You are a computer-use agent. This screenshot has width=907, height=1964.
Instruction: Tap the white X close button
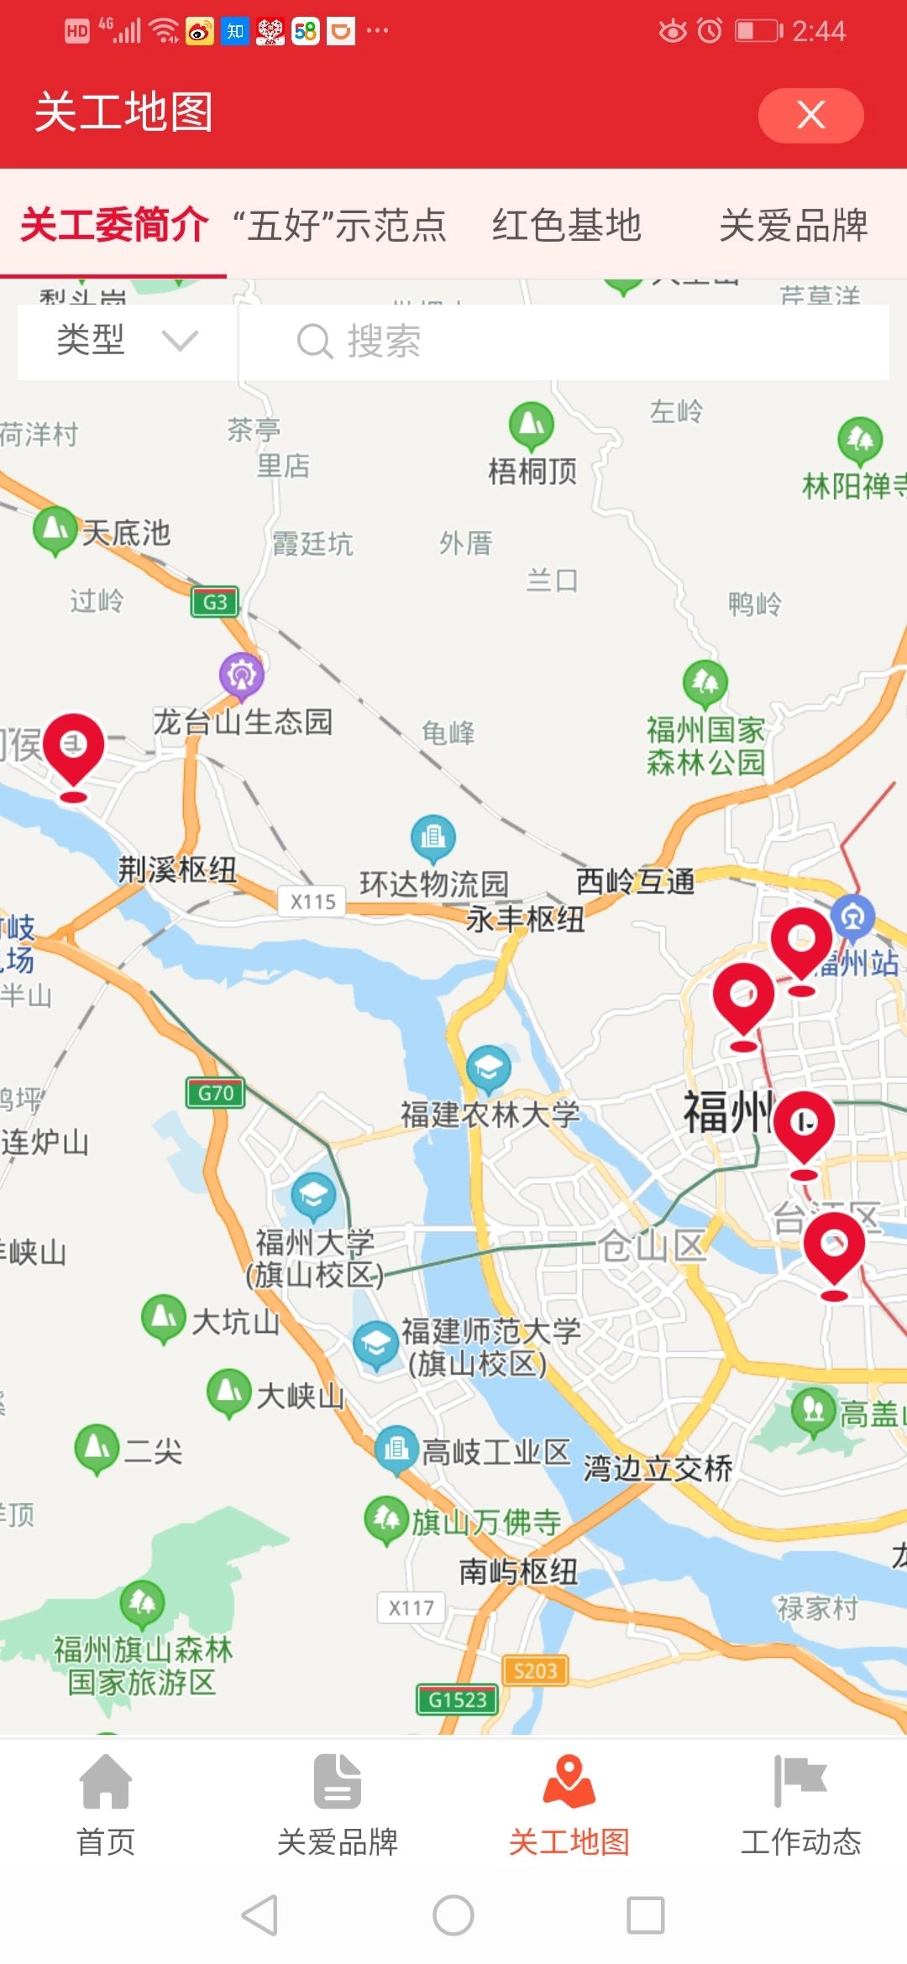[810, 115]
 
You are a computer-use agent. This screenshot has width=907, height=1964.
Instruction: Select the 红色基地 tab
[567, 225]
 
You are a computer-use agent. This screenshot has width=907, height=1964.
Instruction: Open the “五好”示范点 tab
[339, 225]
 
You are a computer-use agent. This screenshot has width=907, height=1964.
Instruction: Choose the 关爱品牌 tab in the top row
[793, 225]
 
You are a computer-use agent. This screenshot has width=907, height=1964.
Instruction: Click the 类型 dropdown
[126, 341]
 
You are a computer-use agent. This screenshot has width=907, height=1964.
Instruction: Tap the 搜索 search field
[563, 341]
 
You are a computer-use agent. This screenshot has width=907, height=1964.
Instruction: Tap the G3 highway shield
[215, 602]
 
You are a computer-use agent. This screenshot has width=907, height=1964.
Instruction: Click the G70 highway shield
[215, 1093]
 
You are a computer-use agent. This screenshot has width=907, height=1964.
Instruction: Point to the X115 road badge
[312, 901]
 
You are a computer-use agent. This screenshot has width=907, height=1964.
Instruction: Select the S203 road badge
[535, 1670]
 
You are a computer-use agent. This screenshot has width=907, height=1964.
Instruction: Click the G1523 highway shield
[458, 1700]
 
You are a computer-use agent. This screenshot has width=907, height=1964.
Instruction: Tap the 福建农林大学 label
[490, 1115]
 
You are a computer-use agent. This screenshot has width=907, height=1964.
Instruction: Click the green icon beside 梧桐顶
[532, 425]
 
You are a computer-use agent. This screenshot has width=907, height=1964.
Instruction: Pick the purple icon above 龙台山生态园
[242, 674]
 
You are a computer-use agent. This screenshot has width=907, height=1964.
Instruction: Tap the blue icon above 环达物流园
[433, 838]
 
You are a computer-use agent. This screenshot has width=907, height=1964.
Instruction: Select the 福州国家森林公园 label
[705, 746]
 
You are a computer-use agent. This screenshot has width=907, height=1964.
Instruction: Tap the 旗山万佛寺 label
[485, 1522]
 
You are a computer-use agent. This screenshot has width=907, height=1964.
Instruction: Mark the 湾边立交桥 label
[658, 1469]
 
